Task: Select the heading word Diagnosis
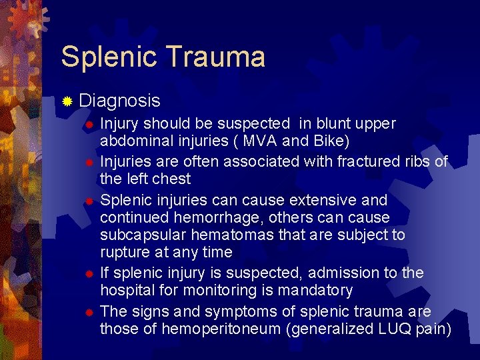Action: pos(119,101)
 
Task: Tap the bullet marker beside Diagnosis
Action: pos(67,101)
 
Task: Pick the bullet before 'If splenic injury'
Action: pos(89,273)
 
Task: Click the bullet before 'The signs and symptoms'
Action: pos(89,312)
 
